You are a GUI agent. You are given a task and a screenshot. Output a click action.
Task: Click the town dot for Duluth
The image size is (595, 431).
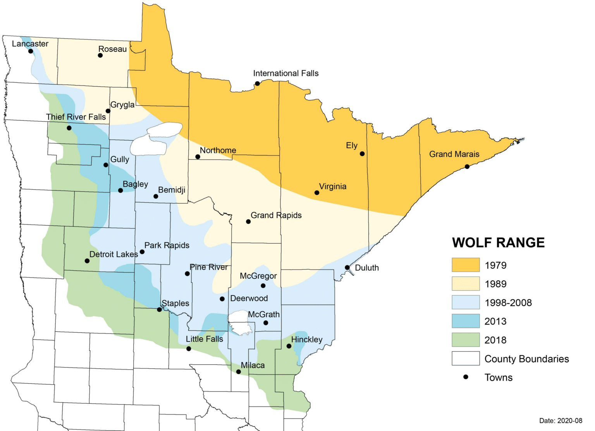347,268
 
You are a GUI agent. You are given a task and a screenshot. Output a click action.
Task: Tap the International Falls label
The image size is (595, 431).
285,73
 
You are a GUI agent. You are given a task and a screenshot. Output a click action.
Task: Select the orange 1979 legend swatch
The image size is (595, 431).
465,265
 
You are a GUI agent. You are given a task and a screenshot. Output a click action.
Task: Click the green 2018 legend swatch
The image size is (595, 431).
465,340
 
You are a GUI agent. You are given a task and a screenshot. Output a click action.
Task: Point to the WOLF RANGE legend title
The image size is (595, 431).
498,243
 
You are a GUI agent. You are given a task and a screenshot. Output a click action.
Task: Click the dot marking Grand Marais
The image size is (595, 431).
467,167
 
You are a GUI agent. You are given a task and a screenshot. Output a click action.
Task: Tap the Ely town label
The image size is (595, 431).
351,145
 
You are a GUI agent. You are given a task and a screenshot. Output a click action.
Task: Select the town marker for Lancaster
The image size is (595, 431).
31,51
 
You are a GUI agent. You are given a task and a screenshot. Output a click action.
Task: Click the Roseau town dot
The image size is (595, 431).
100,55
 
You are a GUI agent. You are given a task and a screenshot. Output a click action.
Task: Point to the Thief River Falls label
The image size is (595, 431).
76,117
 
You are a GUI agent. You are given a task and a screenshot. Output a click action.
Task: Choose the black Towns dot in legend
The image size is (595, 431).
466,377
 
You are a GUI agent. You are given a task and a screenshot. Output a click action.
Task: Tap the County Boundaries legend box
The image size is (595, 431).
465,359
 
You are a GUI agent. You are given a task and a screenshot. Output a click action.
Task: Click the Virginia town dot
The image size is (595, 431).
317,192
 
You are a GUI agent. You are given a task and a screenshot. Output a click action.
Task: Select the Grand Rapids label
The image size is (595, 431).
276,215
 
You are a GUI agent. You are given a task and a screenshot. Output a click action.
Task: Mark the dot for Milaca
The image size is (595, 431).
238,372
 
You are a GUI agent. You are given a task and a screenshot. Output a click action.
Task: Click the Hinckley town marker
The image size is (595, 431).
289,346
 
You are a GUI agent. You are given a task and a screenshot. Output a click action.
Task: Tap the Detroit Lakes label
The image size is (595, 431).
113,254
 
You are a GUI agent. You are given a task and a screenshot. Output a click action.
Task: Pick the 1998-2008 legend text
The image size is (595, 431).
508,303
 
